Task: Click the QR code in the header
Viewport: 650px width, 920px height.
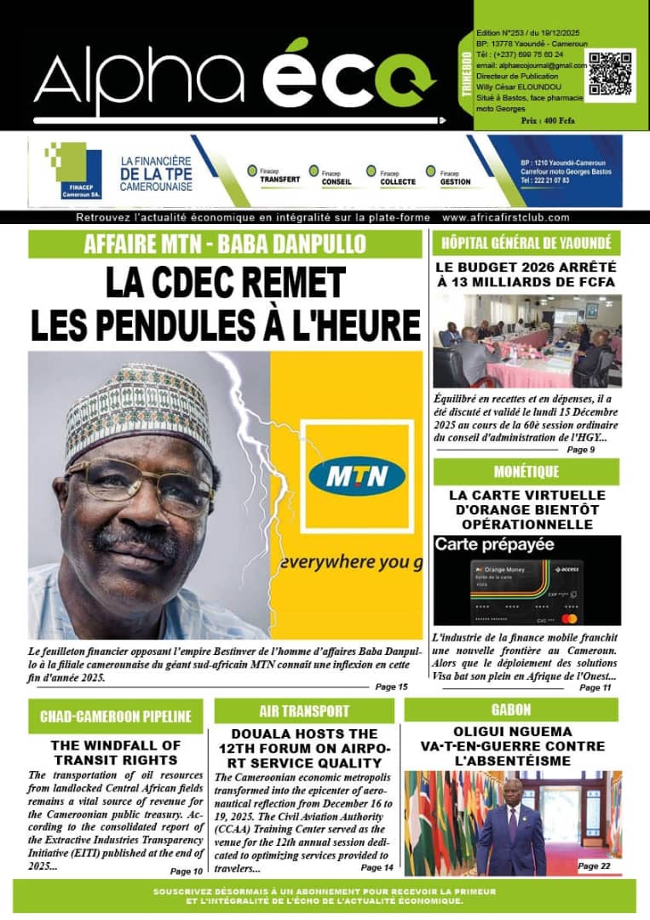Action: [x=611, y=73]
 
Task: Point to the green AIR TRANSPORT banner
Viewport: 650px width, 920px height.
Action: [x=304, y=710]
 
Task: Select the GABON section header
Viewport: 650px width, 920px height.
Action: [x=510, y=710]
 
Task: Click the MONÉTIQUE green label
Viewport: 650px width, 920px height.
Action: [x=526, y=471]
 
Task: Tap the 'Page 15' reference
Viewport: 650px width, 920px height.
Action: [x=391, y=687]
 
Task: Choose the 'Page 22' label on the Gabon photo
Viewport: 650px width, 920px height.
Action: [x=594, y=865]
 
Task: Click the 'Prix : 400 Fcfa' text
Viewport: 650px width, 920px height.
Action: [x=548, y=121]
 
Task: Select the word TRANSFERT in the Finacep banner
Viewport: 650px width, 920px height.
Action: [x=279, y=181]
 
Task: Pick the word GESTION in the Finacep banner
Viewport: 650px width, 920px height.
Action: [x=455, y=181]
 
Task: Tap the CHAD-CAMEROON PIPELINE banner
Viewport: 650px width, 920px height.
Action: [x=115, y=716]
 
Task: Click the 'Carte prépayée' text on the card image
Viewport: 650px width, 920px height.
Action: [x=494, y=543]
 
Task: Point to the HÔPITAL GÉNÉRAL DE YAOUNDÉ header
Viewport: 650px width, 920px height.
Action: [x=526, y=243]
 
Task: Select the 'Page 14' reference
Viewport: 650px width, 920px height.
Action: [x=377, y=867]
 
